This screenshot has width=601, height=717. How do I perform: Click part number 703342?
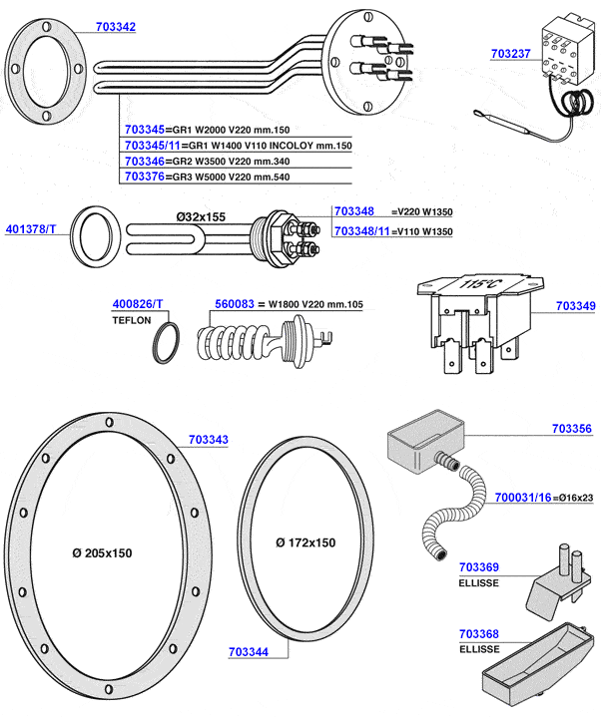(116, 27)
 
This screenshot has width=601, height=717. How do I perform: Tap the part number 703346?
(145, 161)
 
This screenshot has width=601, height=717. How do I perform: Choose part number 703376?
(145, 177)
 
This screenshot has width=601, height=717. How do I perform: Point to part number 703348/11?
(360, 230)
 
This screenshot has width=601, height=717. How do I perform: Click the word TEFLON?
(132, 321)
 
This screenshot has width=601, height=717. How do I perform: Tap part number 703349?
(574, 306)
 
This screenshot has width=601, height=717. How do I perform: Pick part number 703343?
(208, 439)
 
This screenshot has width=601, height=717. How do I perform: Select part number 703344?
(249, 651)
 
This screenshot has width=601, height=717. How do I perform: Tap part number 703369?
(478, 567)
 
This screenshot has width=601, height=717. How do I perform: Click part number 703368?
(478, 634)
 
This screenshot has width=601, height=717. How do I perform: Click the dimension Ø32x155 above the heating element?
(201, 216)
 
